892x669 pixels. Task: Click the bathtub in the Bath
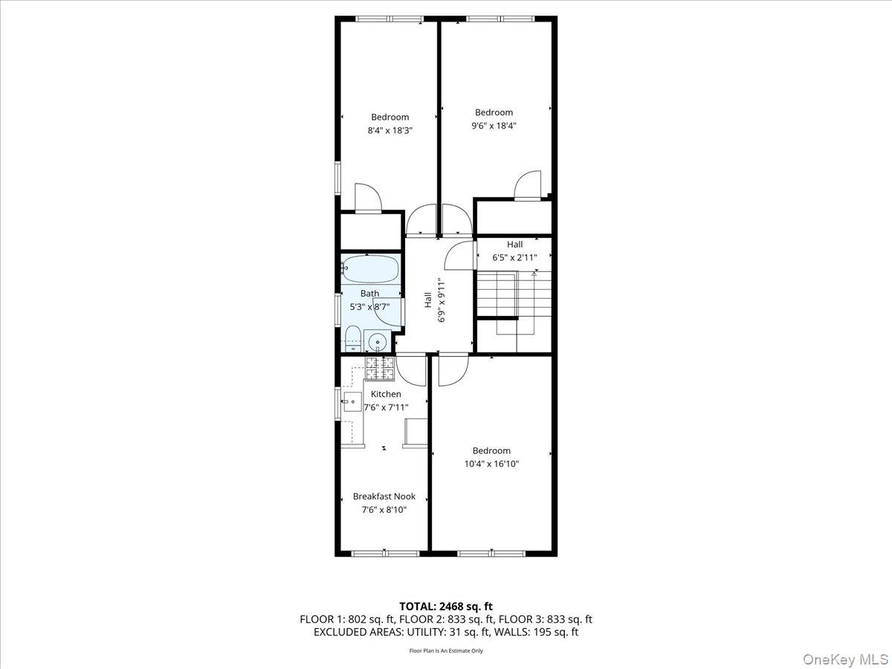(370, 268)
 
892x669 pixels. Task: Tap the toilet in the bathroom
(352, 339)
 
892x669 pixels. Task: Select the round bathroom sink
(378, 343)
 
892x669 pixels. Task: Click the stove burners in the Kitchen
(379, 368)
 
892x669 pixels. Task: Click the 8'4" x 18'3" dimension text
(390, 130)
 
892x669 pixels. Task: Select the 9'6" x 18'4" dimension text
(494, 126)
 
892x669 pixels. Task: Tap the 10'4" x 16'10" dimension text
(491, 464)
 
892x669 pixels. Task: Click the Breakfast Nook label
(384, 497)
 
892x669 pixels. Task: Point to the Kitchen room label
(386, 394)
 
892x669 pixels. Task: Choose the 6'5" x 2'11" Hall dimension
(514, 257)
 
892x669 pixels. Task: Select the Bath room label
(369, 294)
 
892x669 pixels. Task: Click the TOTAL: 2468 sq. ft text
(446, 606)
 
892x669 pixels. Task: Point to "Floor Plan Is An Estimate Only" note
(446, 650)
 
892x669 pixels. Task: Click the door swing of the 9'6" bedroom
(529, 186)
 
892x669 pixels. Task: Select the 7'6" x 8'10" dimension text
(384, 510)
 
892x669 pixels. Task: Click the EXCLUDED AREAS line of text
(446, 633)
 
